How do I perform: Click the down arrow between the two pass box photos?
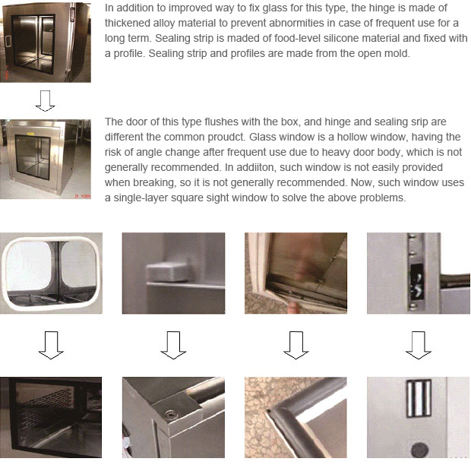pyautogui.click(x=46, y=101)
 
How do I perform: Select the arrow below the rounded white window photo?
pyautogui.click(x=51, y=345)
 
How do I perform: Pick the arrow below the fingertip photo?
pyautogui.click(x=296, y=345)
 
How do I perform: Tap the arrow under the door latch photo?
pyautogui.click(x=419, y=345)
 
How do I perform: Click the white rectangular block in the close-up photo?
pyautogui.click(x=168, y=272)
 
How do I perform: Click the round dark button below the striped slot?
pyautogui.click(x=419, y=450)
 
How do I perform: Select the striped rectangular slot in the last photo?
pyautogui.click(x=419, y=398)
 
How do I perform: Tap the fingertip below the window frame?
pyautogui.click(x=293, y=308)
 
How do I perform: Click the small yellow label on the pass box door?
pyautogui.click(x=30, y=133)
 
